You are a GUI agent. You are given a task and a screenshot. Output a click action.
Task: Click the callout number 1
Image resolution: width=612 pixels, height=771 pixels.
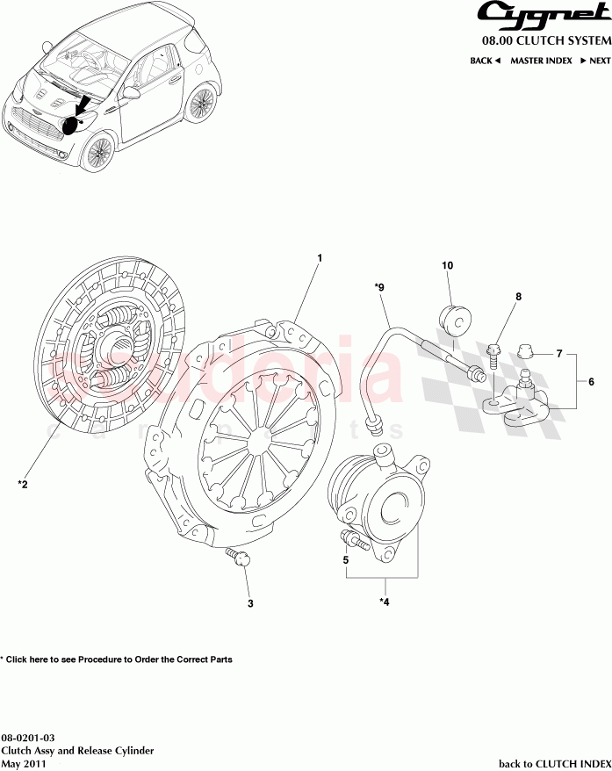pyautogui.click(x=320, y=258)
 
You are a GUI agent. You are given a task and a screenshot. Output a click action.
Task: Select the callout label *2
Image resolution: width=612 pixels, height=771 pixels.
pyautogui.click(x=24, y=483)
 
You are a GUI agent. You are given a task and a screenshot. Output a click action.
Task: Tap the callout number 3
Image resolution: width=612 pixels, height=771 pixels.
pyautogui.click(x=249, y=603)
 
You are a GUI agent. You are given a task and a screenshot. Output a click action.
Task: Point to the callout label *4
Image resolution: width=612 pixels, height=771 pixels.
pyautogui.click(x=384, y=602)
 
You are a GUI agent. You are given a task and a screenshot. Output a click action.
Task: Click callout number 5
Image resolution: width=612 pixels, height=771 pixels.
pyautogui.click(x=346, y=559)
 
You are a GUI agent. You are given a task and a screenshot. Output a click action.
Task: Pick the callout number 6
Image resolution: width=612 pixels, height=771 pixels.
pyautogui.click(x=591, y=382)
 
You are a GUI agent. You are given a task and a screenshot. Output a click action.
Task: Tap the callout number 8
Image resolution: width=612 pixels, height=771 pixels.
pyautogui.click(x=518, y=297)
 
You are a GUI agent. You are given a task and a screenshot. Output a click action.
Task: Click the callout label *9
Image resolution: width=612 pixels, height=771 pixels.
pyautogui.click(x=379, y=286)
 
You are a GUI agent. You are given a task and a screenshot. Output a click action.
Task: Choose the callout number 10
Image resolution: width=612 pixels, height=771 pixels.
pyautogui.click(x=447, y=264)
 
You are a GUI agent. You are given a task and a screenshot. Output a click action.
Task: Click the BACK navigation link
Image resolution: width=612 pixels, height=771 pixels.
pyautogui.click(x=485, y=61)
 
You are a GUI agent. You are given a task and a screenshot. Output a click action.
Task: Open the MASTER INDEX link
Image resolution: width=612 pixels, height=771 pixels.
pyautogui.click(x=541, y=61)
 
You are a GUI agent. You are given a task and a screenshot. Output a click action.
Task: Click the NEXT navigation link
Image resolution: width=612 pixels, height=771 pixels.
pyautogui.click(x=595, y=61)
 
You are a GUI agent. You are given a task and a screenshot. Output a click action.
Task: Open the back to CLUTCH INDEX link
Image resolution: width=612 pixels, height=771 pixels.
pyautogui.click(x=554, y=764)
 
